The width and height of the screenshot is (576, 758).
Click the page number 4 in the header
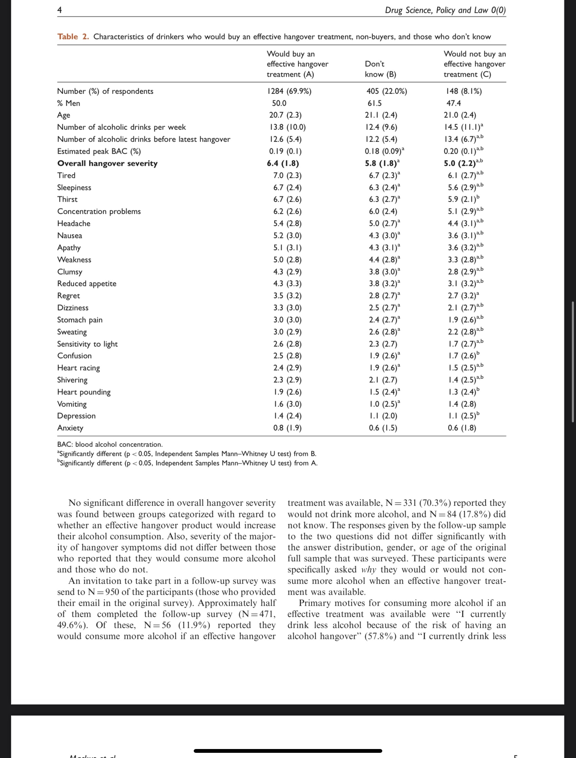click(60, 10)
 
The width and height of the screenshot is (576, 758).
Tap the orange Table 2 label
click(73, 37)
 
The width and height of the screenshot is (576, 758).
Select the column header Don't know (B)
click(380, 69)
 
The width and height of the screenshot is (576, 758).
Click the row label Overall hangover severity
click(107, 163)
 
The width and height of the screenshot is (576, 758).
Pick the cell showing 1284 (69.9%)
click(289, 91)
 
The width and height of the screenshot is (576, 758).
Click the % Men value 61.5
click(375, 103)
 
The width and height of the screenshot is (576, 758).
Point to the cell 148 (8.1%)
click(464, 91)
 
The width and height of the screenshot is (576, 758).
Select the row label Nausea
click(70, 236)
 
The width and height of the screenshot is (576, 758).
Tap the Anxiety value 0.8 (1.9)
click(287, 428)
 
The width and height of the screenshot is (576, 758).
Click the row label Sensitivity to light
click(87, 344)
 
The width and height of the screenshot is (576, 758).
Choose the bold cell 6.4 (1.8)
click(283, 163)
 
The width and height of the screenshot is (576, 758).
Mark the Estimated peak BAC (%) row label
click(99, 151)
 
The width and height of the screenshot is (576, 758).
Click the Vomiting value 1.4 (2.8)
click(462, 404)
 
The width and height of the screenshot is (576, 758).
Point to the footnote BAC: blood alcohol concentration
click(110, 444)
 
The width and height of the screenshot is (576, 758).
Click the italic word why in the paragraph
click(368, 569)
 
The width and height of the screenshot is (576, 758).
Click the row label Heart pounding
click(84, 392)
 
